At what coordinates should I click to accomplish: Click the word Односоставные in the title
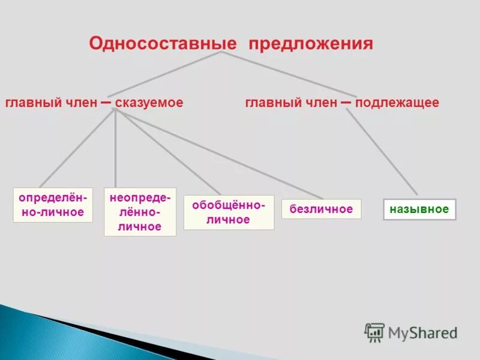(164, 44)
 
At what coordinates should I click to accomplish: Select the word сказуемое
(149, 103)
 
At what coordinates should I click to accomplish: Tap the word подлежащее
(397, 103)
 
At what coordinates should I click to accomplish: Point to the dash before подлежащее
(346, 103)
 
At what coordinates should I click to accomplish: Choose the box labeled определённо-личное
(53, 205)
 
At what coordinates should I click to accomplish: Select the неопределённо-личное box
(140, 212)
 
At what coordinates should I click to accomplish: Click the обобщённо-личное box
(229, 212)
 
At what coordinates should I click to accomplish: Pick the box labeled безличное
(321, 209)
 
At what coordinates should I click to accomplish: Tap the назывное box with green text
(419, 209)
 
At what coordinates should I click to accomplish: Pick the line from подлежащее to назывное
(382, 153)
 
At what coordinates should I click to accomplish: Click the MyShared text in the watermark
(422, 332)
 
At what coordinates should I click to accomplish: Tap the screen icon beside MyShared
(374, 332)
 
